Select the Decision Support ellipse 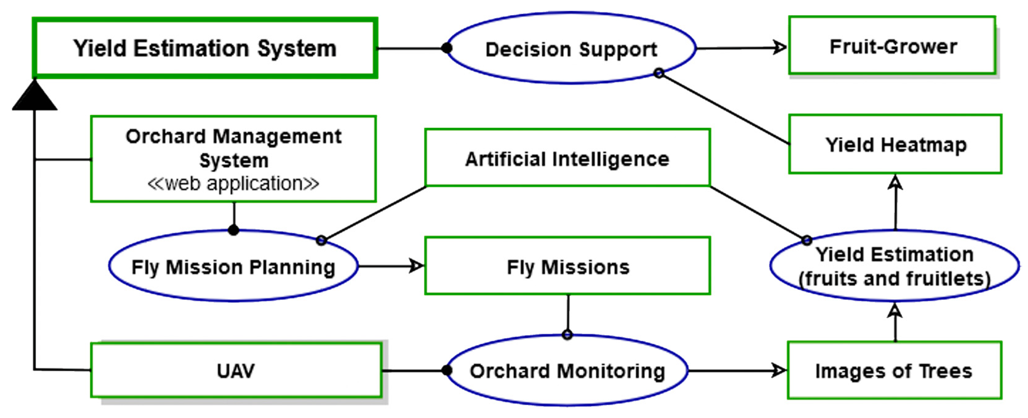(571, 49)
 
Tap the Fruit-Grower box (893, 46)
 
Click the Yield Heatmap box (895, 144)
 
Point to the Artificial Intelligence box (567, 158)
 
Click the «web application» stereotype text (233, 183)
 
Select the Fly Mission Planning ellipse (233, 266)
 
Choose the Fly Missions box (567, 266)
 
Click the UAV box (236, 371)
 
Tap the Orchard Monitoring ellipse (567, 371)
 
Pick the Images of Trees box (894, 371)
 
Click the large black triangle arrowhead (35, 97)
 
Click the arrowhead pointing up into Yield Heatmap (896, 182)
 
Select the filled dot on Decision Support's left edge (447, 48)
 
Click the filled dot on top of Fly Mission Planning (234, 230)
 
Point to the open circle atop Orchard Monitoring (567, 335)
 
